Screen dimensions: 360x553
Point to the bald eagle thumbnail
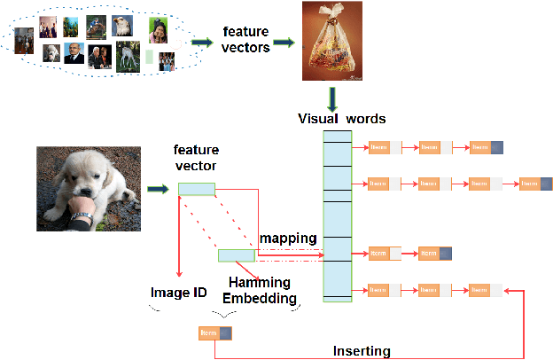[x=121, y=26]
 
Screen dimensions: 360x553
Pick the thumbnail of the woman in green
[x=159, y=32]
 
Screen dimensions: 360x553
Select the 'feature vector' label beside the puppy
[x=196, y=159]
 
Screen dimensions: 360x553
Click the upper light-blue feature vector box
[x=196, y=188]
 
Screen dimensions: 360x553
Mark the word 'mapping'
[x=287, y=239]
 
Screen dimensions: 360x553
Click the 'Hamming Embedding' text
[x=259, y=291]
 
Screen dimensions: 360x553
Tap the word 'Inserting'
[x=361, y=351]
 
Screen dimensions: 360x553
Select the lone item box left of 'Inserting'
[x=215, y=333]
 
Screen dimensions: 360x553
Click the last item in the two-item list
[x=434, y=254]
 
